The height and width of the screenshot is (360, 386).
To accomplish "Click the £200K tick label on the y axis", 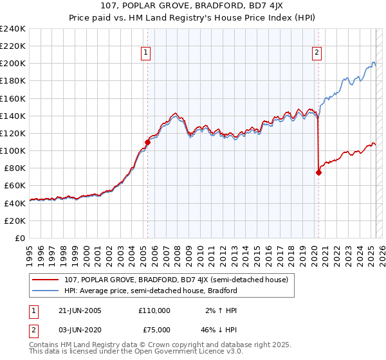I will [x=12, y=64].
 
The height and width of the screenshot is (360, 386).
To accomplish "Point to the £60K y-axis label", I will [x=14, y=186].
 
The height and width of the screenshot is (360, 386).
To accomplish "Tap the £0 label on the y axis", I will [x=21, y=238].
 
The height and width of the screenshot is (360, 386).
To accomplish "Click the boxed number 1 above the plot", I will [x=147, y=53].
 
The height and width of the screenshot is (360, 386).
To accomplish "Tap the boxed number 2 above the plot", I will [x=318, y=53].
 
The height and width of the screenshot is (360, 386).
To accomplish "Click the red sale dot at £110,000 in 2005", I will [x=147, y=141].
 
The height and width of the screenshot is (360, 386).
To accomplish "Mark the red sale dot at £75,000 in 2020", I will [x=318, y=172].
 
